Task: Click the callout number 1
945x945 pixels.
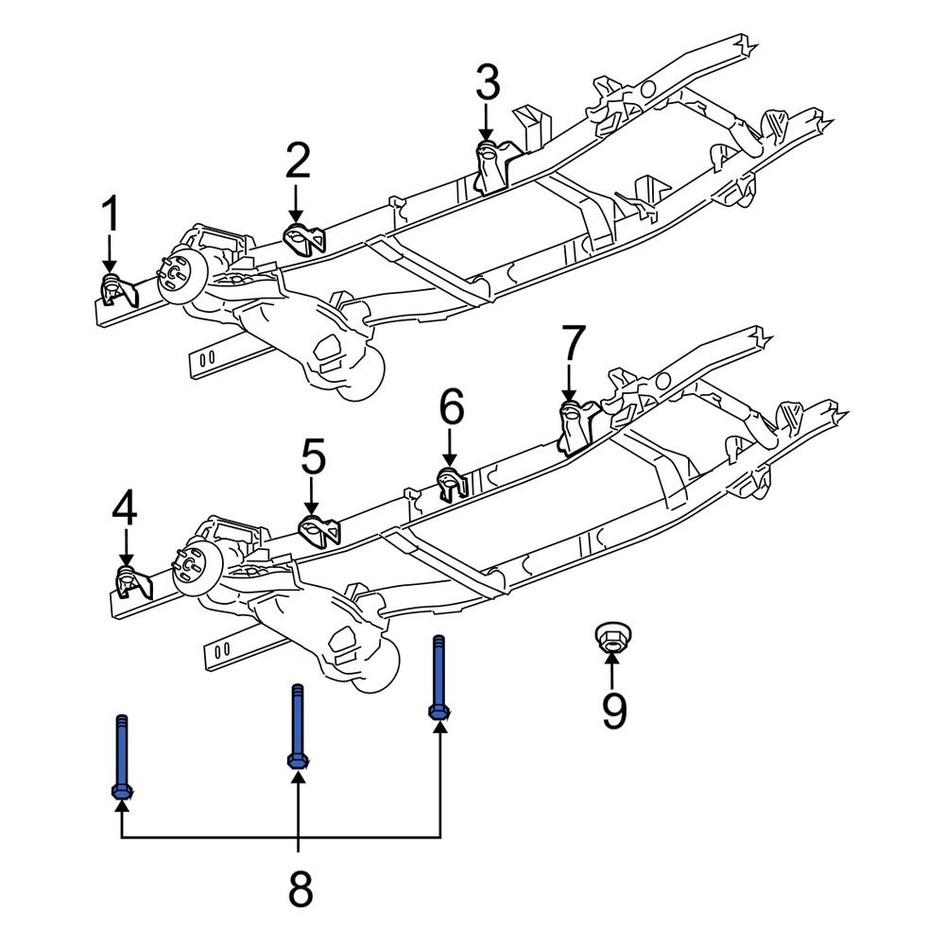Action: click(111, 215)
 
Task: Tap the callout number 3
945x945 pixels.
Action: click(487, 83)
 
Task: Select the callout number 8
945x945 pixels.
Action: click(299, 888)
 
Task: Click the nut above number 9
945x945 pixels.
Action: click(612, 638)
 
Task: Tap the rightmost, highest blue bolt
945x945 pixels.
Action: click(438, 679)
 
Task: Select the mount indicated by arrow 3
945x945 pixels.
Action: click(492, 163)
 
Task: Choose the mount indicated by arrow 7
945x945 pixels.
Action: click(575, 425)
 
